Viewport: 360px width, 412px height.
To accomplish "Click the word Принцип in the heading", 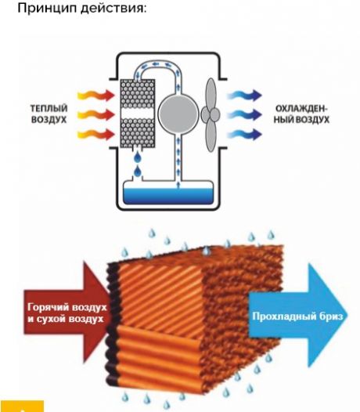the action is point(47,8).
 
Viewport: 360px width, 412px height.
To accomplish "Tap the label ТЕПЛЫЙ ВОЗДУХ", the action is point(49,114).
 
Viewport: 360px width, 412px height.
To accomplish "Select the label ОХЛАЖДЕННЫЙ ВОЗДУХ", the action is point(301,114).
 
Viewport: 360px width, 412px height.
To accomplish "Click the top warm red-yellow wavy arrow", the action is point(96,95).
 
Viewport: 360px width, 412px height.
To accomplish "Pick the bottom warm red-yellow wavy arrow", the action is point(96,134).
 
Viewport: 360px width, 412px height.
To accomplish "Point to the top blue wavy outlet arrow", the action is point(244,95).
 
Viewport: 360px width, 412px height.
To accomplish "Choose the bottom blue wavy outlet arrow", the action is point(244,134).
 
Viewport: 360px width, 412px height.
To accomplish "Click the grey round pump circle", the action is point(178,114).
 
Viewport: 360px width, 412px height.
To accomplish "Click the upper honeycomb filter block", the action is point(137,94).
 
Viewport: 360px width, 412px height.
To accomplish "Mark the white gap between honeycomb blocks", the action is point(137,114).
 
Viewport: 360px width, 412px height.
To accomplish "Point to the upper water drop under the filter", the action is point(137,158).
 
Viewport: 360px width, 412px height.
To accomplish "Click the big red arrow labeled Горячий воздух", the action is point(67,313).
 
